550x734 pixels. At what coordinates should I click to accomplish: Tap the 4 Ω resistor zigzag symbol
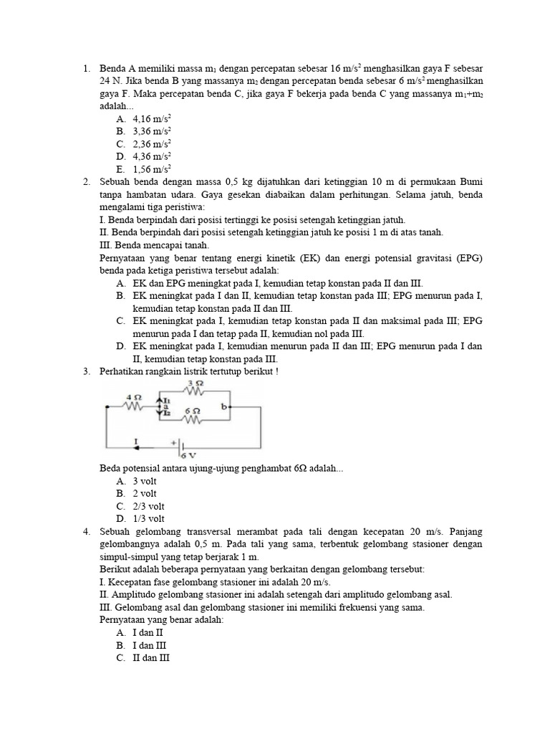tap(133, 406)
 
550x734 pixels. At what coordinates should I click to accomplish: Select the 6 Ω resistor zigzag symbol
tap(192, 420)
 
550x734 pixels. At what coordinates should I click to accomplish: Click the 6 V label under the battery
tap(188, 455)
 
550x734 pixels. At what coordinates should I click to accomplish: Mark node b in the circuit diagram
tap(223, 406)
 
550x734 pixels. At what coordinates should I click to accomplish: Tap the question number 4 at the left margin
tap(86, 531)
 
